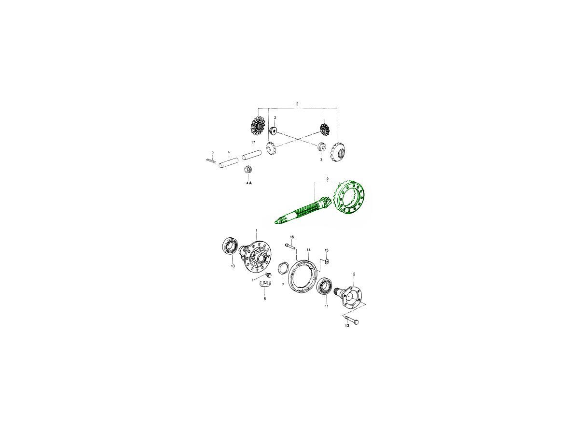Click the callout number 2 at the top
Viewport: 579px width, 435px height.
coord(297,104)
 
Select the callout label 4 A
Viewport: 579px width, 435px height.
coord(249,183)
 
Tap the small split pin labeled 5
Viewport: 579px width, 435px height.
coord(211,160)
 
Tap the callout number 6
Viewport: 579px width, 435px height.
coord(327,178)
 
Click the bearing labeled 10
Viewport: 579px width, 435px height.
coord(230,246)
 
